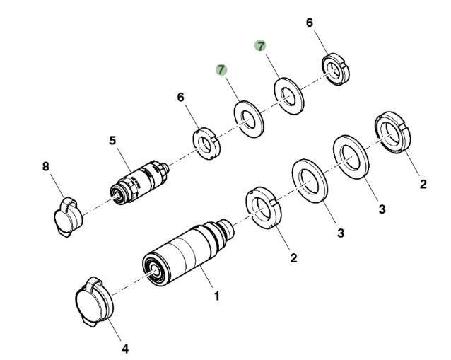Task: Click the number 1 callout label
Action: coord(216,296)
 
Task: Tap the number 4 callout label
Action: coord(125,349)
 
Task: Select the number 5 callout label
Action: coord(112,141)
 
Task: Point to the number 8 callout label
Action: coord(46,167)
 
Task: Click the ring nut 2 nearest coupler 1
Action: coord(264,209)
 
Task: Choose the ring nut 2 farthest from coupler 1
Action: coord(391,132)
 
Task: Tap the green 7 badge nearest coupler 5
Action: coord(221,69)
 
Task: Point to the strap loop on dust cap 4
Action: coord(93,284)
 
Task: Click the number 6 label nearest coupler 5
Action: coord(182,96)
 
